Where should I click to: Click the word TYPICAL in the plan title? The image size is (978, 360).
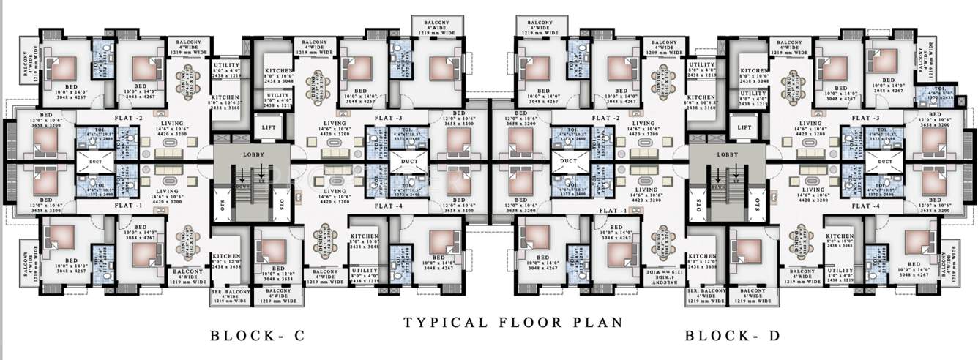tap(437, 322)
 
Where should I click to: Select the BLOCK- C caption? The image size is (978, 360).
tap(256, 337)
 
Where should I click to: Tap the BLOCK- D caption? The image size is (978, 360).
tap(733, 337)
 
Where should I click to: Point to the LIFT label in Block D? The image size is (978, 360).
tap(744, 127)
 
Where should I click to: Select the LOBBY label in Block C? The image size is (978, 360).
tap(253, 154)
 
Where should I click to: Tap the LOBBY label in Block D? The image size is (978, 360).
tap(728, 154)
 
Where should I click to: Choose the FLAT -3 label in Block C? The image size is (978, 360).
tap(389, 118)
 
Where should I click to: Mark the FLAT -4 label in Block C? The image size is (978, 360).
tap(389, 206)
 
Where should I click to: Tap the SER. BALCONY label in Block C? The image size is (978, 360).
tap(231, 293)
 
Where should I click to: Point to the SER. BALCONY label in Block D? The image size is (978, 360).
tap(706, 293)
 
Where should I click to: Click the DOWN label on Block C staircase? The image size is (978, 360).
tap(244, 187)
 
